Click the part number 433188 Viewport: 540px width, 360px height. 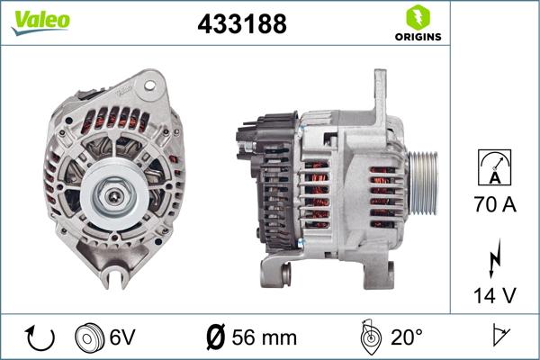click(241, 24)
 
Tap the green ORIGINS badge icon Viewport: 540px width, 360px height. click(416, 18)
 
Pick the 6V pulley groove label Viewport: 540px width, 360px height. click(124, 337)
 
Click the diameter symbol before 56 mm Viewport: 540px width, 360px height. click(216, 337)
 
